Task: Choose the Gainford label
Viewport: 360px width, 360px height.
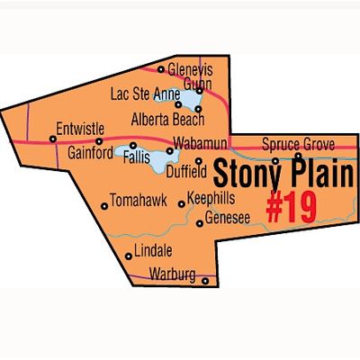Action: point(90,153)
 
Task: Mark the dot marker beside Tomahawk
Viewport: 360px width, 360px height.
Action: point(105,206)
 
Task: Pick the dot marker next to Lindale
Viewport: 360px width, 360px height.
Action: point(129,256)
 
